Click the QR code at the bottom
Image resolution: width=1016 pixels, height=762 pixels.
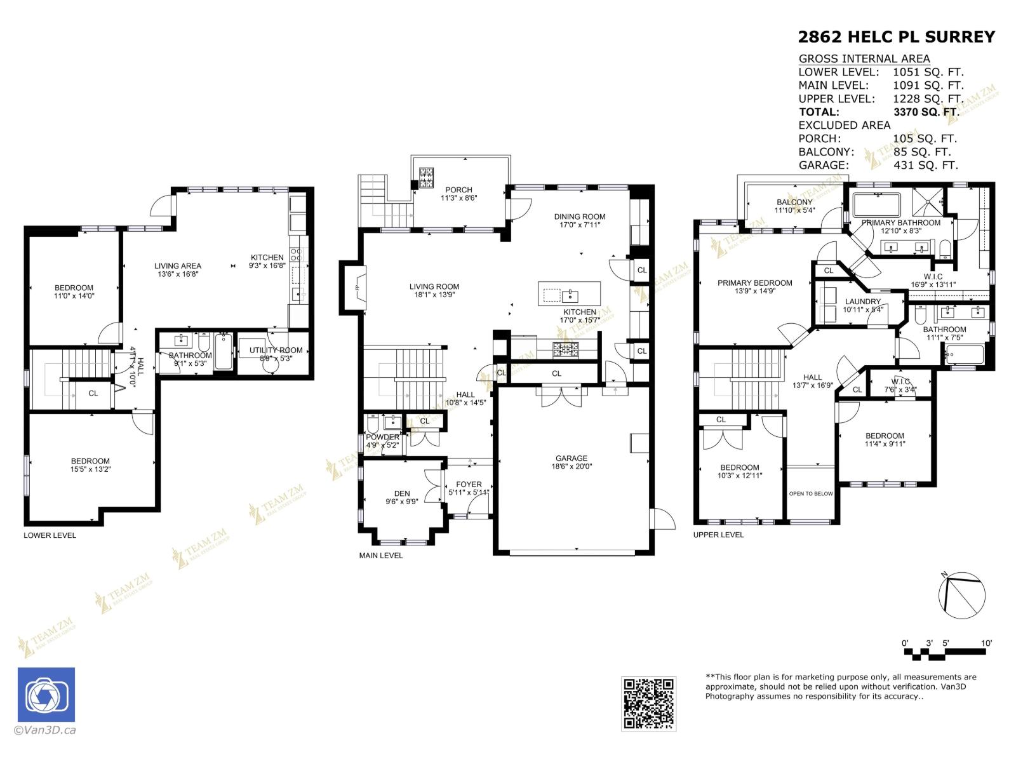pos(648,703)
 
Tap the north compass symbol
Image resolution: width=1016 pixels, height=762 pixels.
pos(961,596)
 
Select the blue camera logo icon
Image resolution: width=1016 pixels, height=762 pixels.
pos(46,695)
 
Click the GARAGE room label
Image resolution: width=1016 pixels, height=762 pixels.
pos(571,458)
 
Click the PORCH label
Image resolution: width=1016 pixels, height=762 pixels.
pos(458,189)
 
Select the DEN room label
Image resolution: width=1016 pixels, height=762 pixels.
pos(402,493)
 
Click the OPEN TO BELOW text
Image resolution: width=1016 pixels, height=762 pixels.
pos(810,493)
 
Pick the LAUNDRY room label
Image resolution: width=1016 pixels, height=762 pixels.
pos(862,302)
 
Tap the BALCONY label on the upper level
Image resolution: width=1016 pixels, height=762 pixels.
pos(794,202)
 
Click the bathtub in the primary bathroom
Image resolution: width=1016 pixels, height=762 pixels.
pos(876,205)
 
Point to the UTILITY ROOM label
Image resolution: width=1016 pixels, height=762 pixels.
pos(276,350)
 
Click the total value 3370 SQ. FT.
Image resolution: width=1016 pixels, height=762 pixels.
pos(925,112)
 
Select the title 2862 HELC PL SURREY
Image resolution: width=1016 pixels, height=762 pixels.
pos(896,37)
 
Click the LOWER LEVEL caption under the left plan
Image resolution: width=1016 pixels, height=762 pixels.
pos(50,535)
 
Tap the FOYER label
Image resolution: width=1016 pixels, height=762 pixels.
pos(469,484)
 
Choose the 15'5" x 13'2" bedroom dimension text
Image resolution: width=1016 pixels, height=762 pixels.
pos(90,470)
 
